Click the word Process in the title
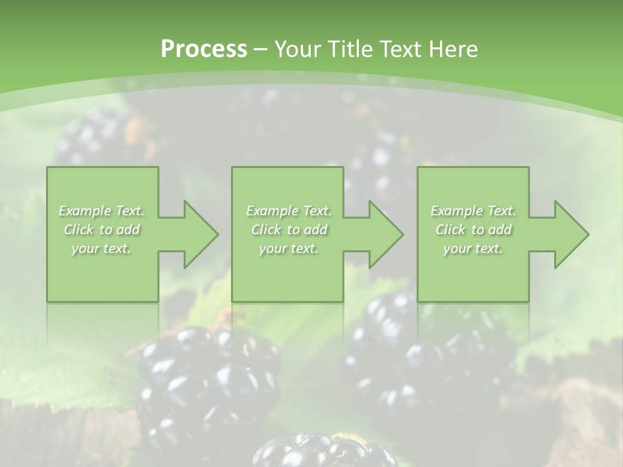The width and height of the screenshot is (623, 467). point(204,49)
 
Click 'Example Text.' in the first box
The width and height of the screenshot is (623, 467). point(102,211)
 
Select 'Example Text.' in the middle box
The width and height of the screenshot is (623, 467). point(289,211)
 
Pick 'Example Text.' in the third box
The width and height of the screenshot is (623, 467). point(473,211)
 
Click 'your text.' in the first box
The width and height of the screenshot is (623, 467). point(102,248)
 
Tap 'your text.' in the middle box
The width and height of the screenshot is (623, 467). point(289,248)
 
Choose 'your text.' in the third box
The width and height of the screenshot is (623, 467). point(473,248)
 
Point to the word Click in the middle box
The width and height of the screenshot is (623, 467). point(266,230)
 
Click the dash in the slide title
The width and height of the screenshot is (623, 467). point(260,49)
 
